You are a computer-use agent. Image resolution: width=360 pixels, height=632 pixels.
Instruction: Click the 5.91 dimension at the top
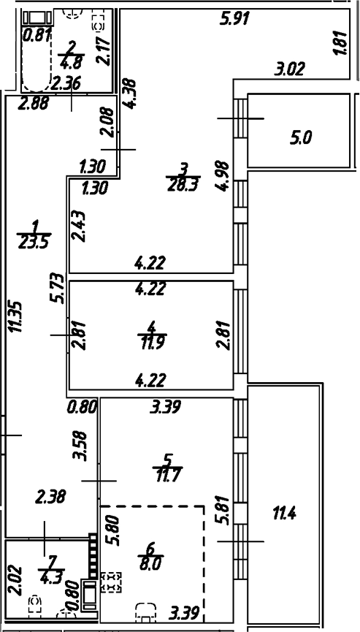point(235,19)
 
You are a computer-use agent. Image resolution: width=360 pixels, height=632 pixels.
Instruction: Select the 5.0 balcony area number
point(299,137)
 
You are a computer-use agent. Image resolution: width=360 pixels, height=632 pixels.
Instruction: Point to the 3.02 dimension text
point(289,70)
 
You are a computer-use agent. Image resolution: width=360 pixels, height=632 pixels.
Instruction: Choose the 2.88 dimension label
point(32,104)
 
